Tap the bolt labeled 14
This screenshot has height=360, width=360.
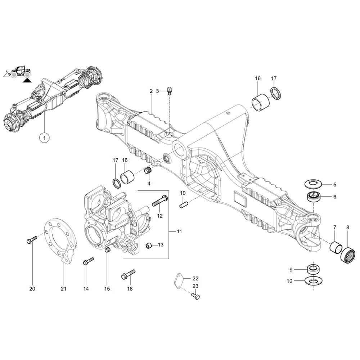88,261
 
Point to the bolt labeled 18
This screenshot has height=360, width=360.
128,274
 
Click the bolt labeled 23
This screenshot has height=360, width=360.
195,296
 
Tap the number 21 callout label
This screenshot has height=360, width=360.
63,289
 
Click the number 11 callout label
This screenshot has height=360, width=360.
179,231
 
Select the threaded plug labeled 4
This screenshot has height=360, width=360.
147,170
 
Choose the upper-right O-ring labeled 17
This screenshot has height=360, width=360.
276,93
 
